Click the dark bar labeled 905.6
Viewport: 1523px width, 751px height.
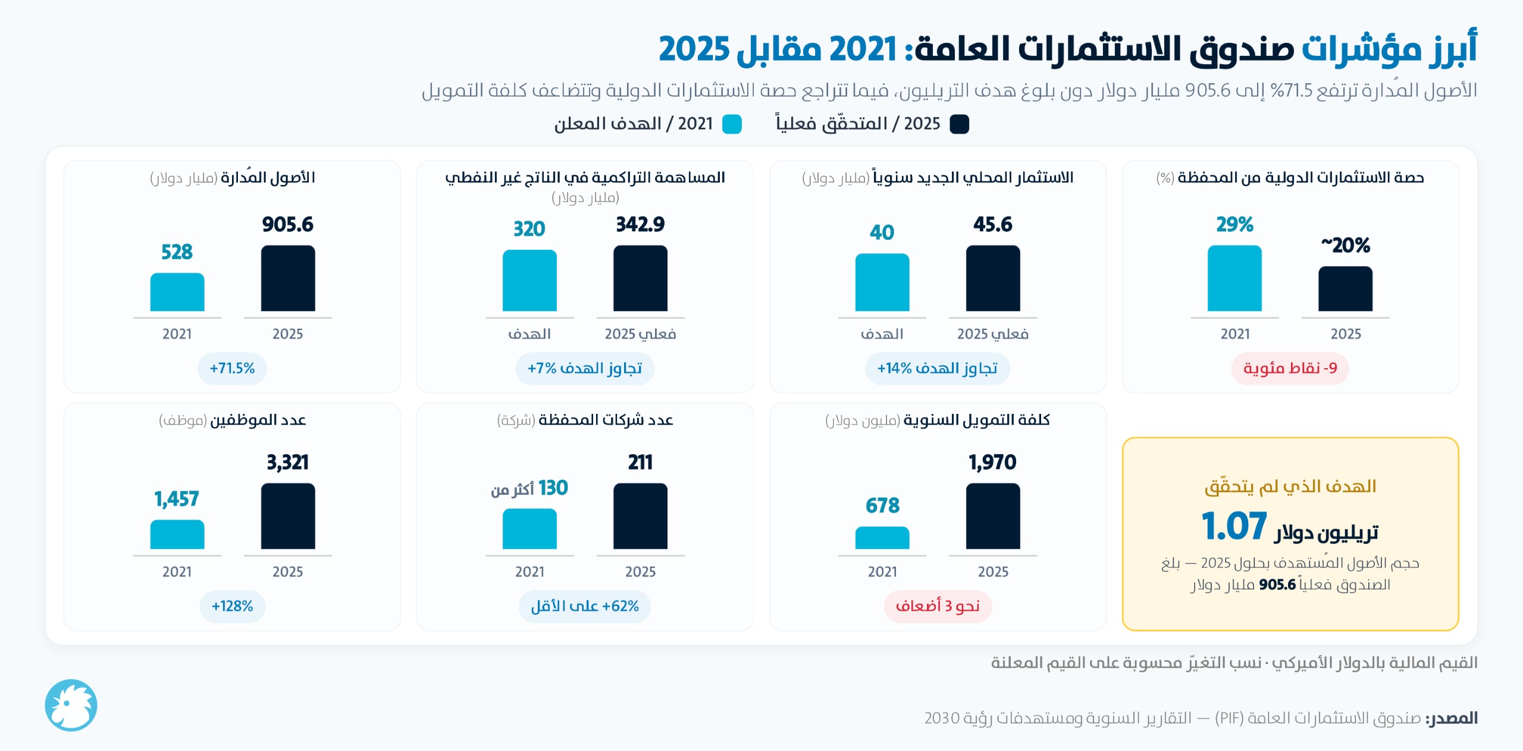click(x=288, y=278)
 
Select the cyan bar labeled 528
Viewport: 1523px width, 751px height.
click(x=177, y=292)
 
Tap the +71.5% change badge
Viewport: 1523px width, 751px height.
click(x=232, y=369)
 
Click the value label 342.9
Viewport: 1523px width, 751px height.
click(x=640, y=224)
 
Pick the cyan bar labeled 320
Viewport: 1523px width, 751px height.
click(x=529, y=281)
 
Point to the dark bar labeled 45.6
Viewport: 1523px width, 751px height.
click(x=993, y=278)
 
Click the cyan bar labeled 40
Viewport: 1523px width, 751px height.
click(x=882, y=282)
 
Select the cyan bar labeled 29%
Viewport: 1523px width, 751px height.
click(x=1234, y=278)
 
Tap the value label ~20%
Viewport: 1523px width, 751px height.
click(x=1346, y=245)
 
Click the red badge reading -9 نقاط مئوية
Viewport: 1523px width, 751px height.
click(x=1290, y=369)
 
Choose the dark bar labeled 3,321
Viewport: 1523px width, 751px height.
click(x=288, y=516)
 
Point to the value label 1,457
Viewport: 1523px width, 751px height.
click(x=177, y=498)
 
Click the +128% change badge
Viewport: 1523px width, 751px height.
click(x=232, y=607)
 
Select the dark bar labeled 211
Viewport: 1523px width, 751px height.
click(x=640, y=516)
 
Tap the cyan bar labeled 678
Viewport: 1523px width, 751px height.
click(x=882, y=538)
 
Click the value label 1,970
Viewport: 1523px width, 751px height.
click(x=992, y=462)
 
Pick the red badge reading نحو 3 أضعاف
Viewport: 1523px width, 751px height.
click(x=938, y=607)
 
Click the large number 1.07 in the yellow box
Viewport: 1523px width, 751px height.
click(x=1234, y=526)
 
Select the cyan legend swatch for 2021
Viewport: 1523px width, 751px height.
click(x=732, y=124)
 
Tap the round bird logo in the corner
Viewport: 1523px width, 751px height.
click(x=71, y=705)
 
